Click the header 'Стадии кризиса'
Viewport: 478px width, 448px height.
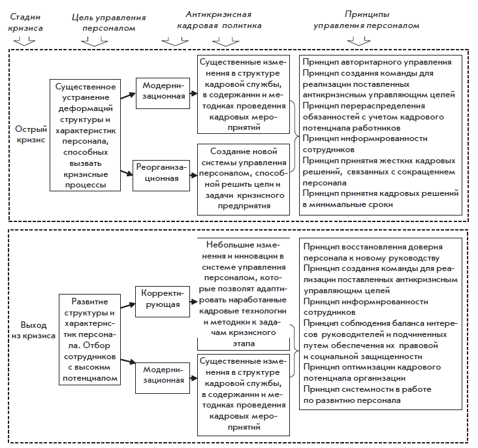coord(27,20)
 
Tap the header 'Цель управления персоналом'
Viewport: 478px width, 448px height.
coord(103,20)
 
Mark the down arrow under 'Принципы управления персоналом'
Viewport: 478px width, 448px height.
coord(358,41)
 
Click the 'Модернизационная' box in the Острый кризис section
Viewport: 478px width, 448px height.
coord(161,94)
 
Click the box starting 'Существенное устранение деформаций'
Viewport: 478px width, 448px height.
coord(86,135)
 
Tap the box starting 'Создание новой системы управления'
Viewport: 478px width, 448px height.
coord(243,178)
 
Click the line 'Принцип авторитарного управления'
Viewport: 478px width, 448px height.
coord(377,63)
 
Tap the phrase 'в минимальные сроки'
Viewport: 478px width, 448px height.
coord(347,204)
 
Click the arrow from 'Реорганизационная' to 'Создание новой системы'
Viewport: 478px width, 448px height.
coord(191,174)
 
